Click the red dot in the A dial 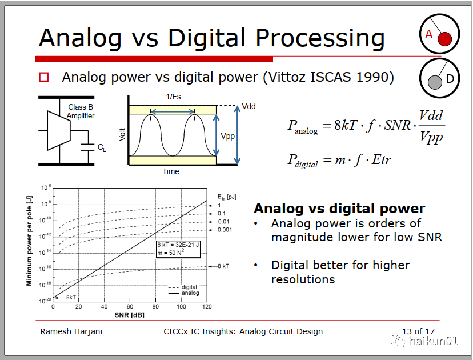444,39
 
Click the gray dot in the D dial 435,82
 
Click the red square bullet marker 44,77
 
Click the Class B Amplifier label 81,111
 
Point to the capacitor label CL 102,147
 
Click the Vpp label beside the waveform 228,137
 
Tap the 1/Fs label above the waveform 173,97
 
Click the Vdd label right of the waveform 249,106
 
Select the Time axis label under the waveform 171,171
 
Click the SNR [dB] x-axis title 130,315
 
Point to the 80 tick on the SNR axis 155,307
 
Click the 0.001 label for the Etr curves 225,230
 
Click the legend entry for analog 183,293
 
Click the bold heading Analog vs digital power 340,209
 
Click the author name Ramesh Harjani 71,331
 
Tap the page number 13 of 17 418,331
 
